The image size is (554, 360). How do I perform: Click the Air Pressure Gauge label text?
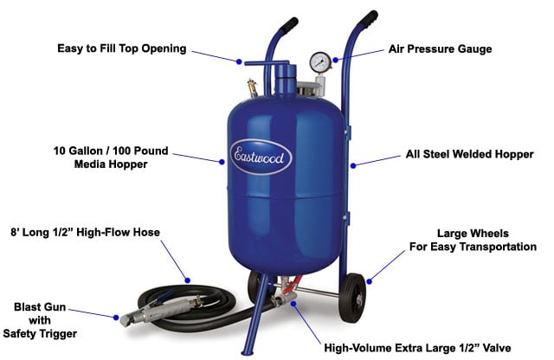coord(439,49)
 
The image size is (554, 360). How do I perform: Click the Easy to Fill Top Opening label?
coord(121,48)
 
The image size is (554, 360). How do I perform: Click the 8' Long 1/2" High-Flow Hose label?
coord(87,232)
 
